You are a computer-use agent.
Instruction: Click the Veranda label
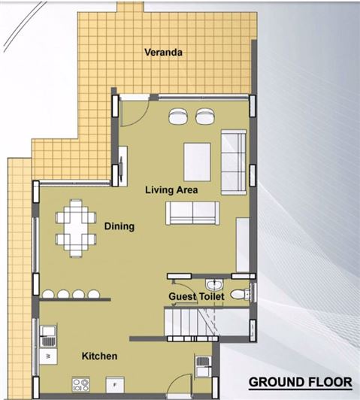pyautogui.click(x=163, y=53)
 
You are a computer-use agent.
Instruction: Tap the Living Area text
pyautogui.click(x=171, y=189)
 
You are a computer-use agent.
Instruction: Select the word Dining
pyautogui.click(x=119, y=226)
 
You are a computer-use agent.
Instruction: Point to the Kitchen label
pyautogui.click(x=100, y=356)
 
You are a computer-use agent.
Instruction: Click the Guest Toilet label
pyautogui.click(x=197, y=296)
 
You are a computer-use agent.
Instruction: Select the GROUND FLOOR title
pyautogui.click(x=301, y=382)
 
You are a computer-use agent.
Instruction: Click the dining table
pyautogui.click(x=76, y=229)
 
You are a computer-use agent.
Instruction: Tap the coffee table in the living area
pyautogui.click(x=198, y=162)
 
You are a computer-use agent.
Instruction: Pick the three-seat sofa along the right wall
pyautogui.click(x=234, y=162)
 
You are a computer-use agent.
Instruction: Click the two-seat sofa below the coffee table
pyautogui.click(x=192, y=214)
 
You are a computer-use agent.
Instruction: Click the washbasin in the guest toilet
pyautogui.click(x=214, y=284)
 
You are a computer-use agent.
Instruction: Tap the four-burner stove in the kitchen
pyautogui.click(x=81, y=385)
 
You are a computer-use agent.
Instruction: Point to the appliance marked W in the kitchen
pyautogui.click(x=48, y=356)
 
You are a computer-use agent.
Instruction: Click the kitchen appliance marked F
pyautogui.click(x=115, y=385)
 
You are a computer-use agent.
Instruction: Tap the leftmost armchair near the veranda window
pyautogui.click(x=177, y=116)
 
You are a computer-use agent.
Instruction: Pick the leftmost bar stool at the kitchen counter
pyautogui.click(x=48, y=294)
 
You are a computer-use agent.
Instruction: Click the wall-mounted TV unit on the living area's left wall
pyautogui.click(x=123, y=166)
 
